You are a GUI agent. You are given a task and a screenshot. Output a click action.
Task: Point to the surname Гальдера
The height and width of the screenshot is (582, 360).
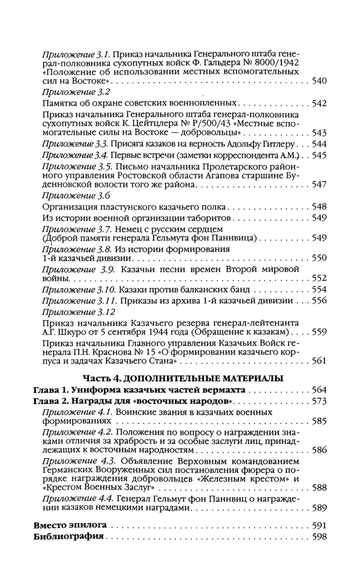pos(222,62)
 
